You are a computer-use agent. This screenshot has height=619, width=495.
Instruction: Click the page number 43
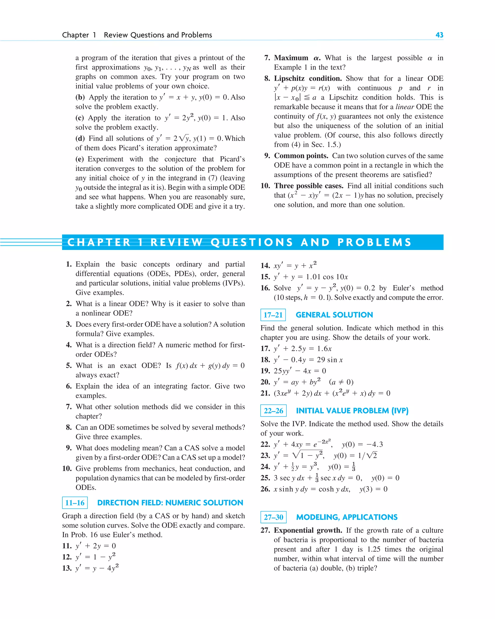click(x=439, y=35)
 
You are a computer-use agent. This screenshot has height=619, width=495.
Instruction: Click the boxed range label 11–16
click(x=75, y=503)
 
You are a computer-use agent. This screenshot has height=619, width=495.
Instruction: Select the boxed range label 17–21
click(x=273, y=315)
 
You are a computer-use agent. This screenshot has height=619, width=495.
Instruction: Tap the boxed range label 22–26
click(x=273, y=411)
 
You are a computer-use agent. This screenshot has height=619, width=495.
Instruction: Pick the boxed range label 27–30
click(x=273, y=517)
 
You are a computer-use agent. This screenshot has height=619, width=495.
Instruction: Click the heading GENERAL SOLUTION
click(x=334, y=315)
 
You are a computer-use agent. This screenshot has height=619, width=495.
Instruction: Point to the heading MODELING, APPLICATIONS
click(x=347, y=517)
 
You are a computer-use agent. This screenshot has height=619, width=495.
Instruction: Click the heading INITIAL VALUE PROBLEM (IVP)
click(x=352, y=411)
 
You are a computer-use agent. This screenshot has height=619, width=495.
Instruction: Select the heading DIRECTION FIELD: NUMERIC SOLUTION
click(x=170, y=503)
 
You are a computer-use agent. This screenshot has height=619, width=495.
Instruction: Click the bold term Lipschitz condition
click(x=307, y=78)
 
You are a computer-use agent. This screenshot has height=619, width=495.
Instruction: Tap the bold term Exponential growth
click(x=308, y=530)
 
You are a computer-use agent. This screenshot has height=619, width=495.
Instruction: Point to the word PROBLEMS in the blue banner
click(x=374, y=242)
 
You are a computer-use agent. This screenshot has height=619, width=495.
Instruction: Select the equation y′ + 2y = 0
click(x=96, y=546)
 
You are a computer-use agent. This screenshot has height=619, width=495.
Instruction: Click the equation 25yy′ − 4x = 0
click(x=300, y=371)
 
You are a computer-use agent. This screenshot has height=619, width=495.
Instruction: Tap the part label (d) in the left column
click(x=80, y=138)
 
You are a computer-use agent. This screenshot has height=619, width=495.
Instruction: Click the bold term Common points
click(x=301, y=156)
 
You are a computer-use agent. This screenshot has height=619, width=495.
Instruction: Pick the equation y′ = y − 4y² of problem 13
click(x=97, y=568)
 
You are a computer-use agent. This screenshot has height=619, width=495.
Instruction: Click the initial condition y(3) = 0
click(x=373, y=489)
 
